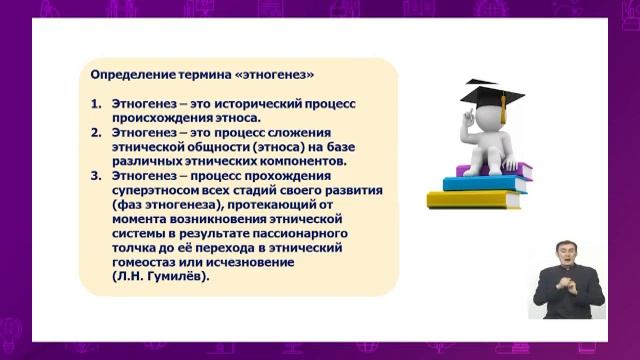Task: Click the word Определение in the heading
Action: [130, 75]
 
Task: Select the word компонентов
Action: [300, 160]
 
